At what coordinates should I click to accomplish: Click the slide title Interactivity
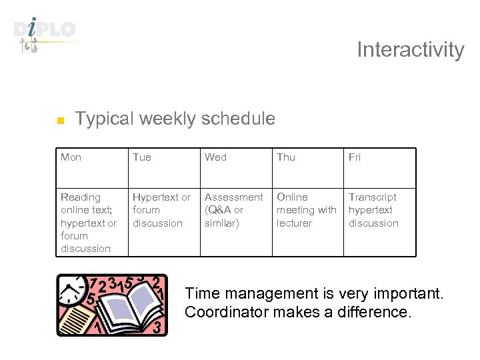410,50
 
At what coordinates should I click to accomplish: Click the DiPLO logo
45,33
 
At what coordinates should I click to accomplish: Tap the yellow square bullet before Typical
59,121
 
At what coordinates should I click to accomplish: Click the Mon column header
71,157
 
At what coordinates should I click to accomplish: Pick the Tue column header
142,157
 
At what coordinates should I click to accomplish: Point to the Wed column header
215,157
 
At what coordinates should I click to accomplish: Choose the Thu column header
286,157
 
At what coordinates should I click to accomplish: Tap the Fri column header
355,157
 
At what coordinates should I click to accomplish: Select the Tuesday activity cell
161,210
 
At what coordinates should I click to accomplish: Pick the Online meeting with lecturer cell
306,210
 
